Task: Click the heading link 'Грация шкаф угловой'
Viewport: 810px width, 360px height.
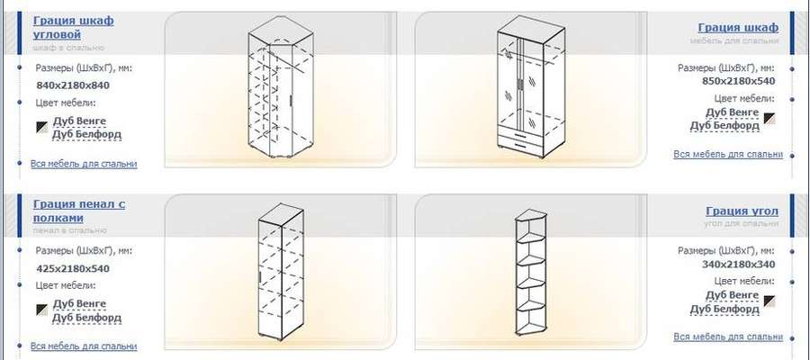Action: (x=73, y=27)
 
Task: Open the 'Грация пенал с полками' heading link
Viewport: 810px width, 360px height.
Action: (x=79, y=211)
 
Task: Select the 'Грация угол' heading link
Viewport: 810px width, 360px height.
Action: (x=742, y=211)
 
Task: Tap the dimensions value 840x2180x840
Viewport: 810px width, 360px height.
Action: (x=73, y=85)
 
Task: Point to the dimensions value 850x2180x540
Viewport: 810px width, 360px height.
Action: (x=738, y=81)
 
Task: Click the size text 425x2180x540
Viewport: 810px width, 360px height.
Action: (x=73, y=268)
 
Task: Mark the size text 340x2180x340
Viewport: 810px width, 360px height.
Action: (x=738, y=265)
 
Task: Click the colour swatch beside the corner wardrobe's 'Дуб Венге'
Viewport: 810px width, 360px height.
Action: (x=42, y=127)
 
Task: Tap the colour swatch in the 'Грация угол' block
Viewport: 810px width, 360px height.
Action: (x=769, y=301)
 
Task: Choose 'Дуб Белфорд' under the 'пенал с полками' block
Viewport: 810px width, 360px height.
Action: (x=86, y=318)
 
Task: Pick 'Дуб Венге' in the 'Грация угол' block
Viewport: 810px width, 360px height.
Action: (x=732, y=295)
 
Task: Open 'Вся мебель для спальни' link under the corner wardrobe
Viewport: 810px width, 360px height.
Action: (x=84, y=164)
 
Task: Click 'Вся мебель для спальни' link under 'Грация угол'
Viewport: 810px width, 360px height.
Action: (x=728, y=337)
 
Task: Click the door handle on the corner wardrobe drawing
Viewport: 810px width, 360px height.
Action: (x=292, y=100)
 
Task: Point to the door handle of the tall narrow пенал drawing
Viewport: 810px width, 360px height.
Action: (x=260, y=277)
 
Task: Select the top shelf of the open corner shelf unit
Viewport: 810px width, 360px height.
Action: (x=532, y=236)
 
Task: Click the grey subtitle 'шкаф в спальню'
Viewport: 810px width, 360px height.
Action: (x=68, y=48)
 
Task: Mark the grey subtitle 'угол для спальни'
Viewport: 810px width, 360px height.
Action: (x=741, y=223)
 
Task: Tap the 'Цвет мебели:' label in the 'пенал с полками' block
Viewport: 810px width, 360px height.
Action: (x=66, y=285)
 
